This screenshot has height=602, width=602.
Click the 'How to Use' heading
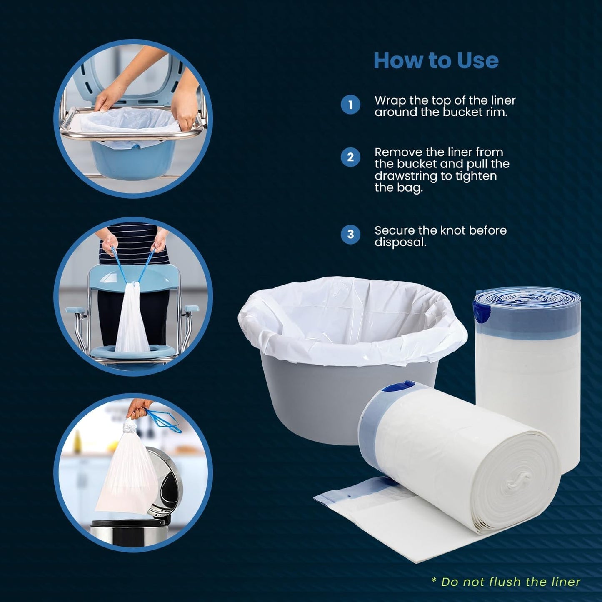[x=436, y=60]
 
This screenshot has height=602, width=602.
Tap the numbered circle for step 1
[x=350, y=105]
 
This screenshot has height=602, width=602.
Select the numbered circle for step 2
[x=350, y=157]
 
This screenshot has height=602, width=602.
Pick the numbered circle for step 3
[x=350, y=234]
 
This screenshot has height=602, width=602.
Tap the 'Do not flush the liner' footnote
[x=505, y=582]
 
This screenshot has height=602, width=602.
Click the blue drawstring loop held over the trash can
[x=165, y=421]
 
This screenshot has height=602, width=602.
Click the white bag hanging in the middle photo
[x=132, y=321]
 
